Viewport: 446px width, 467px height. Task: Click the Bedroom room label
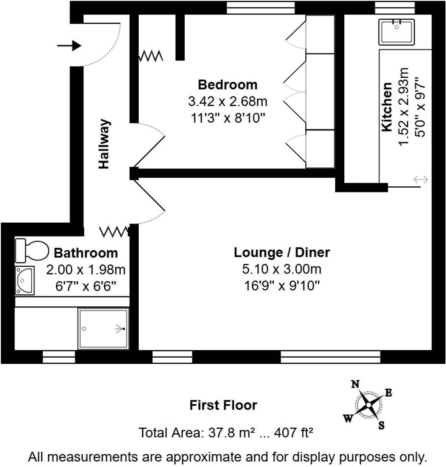[228, 85]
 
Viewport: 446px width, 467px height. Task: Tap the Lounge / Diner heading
[281, 252]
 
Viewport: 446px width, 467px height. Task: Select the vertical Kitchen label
[387, 107]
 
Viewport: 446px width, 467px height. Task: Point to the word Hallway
[104, 144]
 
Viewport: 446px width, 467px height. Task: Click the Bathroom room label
[86, 253]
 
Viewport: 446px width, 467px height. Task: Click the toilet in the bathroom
[32, 251]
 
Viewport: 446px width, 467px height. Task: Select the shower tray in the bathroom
[103, 329]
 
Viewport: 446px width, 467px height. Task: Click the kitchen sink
[396, 32]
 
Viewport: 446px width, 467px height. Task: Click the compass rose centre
[368, 405]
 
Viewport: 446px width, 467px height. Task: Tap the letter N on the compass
[355, 384]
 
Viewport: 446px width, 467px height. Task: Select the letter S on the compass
[381, 426]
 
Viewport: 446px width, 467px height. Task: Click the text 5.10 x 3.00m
[281, 269]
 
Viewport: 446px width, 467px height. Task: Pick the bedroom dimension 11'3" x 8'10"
[228, 118]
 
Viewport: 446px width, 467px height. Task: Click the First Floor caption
[223, 405]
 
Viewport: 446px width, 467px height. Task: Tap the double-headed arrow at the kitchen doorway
[420, 179]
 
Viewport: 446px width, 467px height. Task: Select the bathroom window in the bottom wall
[59, 357]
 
